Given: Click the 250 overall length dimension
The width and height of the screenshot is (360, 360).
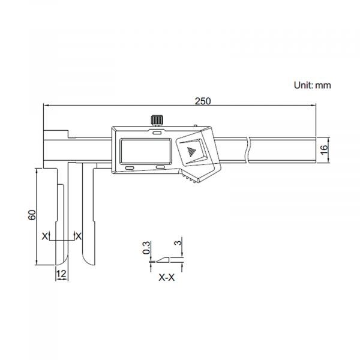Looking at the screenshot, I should pos(202,101).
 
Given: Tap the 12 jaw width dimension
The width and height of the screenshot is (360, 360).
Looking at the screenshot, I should pos(61,273).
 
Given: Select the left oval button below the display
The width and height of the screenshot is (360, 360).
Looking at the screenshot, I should pos(131,167).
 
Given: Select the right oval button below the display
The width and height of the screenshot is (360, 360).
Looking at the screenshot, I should pos(160,167).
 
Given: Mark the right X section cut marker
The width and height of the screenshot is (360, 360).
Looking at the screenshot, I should pos(79,235).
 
